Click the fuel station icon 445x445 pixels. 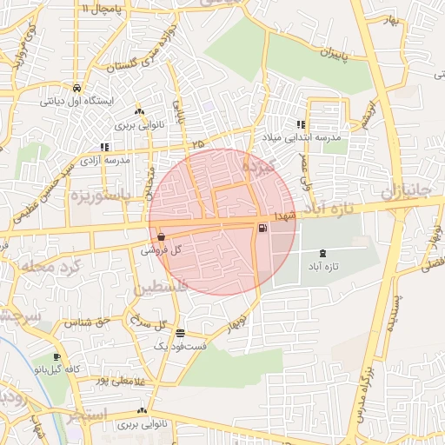(262, 229)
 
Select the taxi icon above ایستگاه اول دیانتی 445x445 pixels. (76, 88)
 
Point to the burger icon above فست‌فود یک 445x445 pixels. (180, 333)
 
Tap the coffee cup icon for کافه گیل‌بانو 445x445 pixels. (56, 356)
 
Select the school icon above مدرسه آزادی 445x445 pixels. (104, 147)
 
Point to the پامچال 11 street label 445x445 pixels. (105, 7)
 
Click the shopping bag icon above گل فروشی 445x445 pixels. (163, 236)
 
